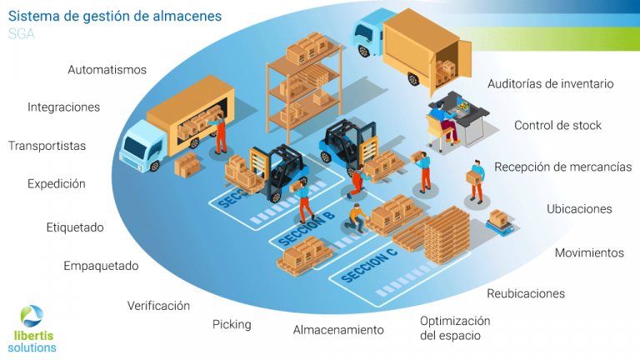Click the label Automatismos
click(107, 70)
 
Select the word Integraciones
click(63, 107)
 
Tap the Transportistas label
click(47, 146)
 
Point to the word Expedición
click(56, 184)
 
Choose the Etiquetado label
click(75, 227)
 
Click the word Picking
click(232, 324)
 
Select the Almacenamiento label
click(338, 330)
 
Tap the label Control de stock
click(557, 126)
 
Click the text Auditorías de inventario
click(550, 84)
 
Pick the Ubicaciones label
click(579, 209)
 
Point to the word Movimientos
click(589, 252)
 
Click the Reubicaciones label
click(526, 293)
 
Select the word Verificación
click(158, 306)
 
